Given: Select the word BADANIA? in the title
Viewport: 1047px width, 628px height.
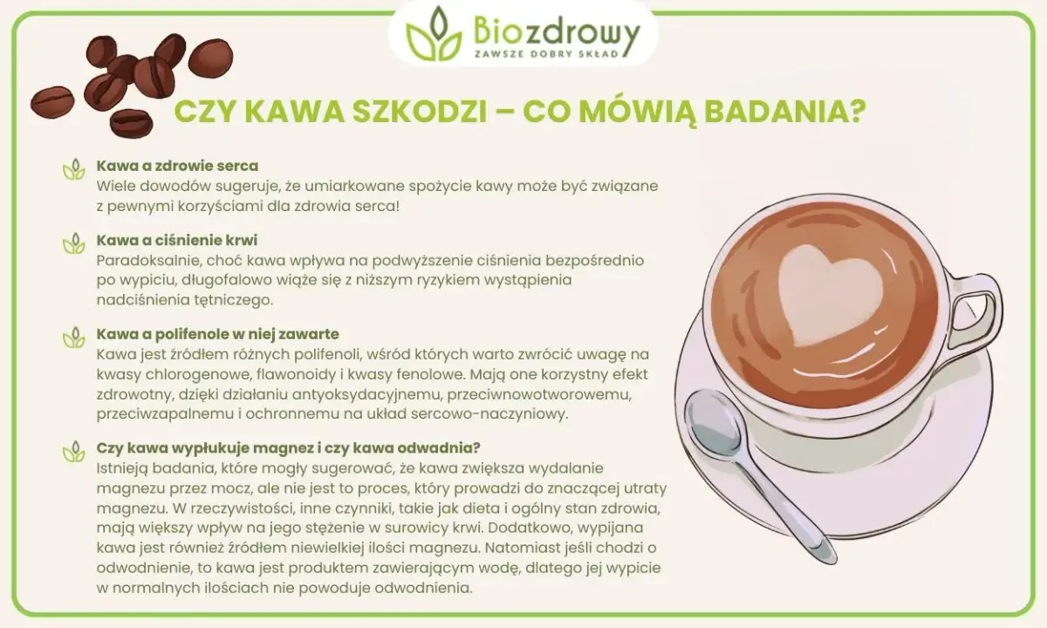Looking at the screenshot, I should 791,114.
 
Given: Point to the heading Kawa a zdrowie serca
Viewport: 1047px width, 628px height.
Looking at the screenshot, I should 177,166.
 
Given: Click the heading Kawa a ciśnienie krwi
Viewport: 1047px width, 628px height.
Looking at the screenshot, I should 177,240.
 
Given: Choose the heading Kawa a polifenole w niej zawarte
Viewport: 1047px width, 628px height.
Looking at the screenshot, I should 217,334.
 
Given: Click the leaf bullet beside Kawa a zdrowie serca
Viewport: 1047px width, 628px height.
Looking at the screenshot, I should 73,170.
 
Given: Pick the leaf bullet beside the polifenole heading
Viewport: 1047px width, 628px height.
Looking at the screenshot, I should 73,338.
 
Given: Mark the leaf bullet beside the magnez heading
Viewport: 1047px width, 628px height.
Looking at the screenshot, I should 73,453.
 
